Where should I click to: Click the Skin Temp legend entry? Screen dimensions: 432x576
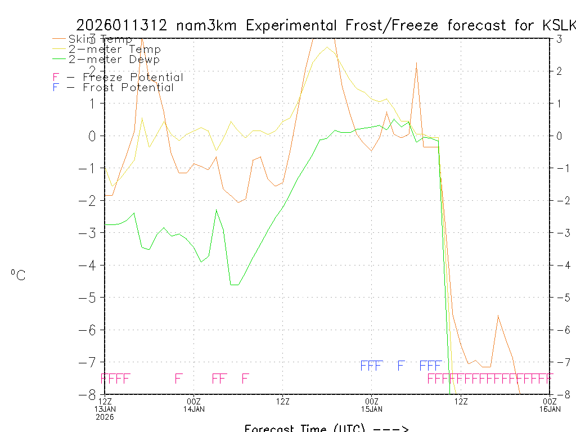(100, 39)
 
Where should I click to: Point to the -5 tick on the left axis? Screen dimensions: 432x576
(93, 297)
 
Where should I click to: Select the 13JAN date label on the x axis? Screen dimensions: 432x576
(105, 409)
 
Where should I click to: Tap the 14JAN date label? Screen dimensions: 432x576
(194, 409)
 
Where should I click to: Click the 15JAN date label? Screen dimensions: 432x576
(371, 409)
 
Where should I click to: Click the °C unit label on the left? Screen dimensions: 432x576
(18, 275)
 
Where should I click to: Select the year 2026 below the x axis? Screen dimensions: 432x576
(105, 417)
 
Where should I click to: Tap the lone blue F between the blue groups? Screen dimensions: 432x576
(401, 366)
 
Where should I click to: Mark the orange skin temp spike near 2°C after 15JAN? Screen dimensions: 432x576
(416, 63)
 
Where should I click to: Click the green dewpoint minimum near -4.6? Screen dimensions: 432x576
(234, 285)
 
